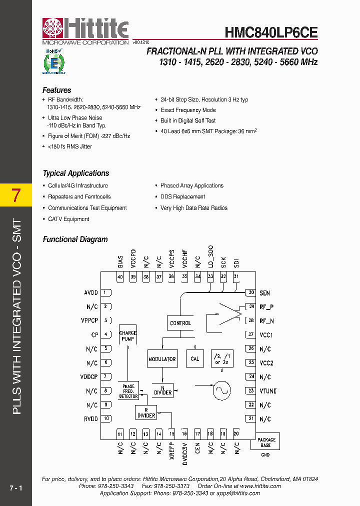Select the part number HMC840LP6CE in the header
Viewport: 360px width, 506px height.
pos(271,32)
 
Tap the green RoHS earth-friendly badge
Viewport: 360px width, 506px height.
pos(53,62)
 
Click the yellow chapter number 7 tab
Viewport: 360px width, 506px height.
pos(16,195)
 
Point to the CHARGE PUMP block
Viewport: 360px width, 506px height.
pos(128,335)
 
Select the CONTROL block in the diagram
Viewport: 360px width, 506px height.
pos(180,323)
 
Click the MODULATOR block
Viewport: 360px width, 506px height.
pos(162,359)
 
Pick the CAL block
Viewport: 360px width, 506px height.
pos(195,358)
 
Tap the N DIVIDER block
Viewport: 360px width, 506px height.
pos(162,389)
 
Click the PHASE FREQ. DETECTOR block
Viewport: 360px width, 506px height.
pos(128,391)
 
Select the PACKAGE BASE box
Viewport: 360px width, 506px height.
pos(266,442)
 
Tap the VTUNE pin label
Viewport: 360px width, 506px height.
pos(268,391)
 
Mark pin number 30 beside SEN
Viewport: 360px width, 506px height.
pos(251,292)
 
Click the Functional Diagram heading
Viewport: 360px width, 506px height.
pos(75,239)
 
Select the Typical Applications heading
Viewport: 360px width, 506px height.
pos(75,173)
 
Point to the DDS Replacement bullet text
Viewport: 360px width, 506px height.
pos(182,197)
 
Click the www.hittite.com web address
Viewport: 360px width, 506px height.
pos(260,486)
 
